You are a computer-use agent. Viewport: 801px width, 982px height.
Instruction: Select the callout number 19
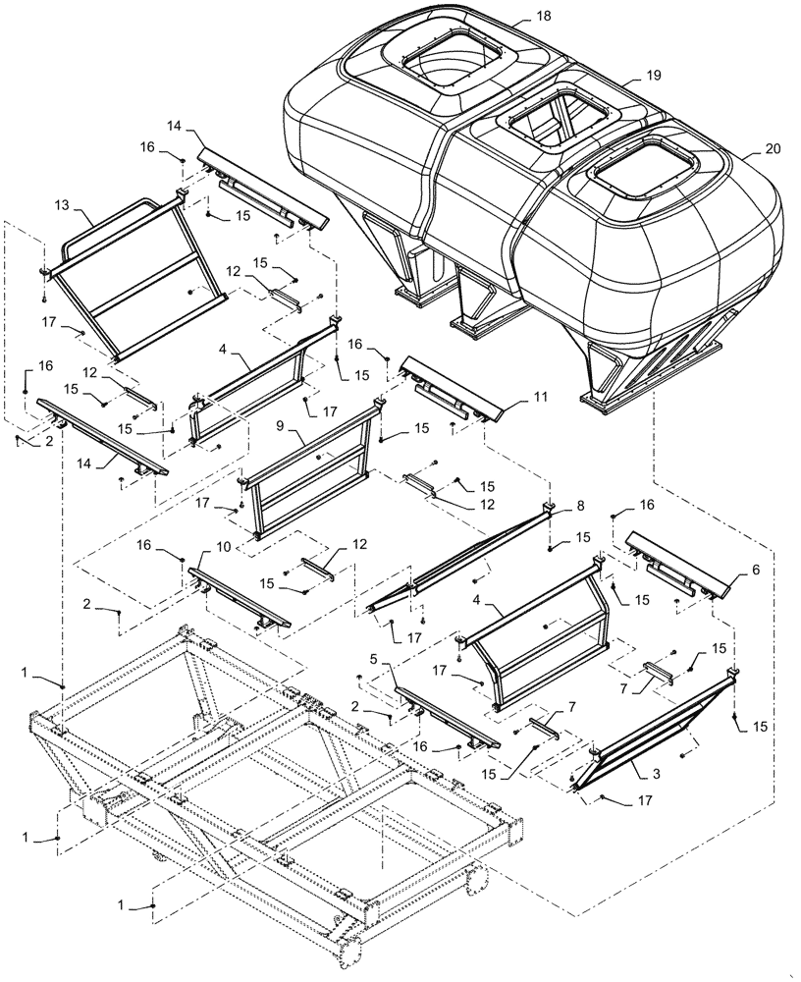(654, 76)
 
